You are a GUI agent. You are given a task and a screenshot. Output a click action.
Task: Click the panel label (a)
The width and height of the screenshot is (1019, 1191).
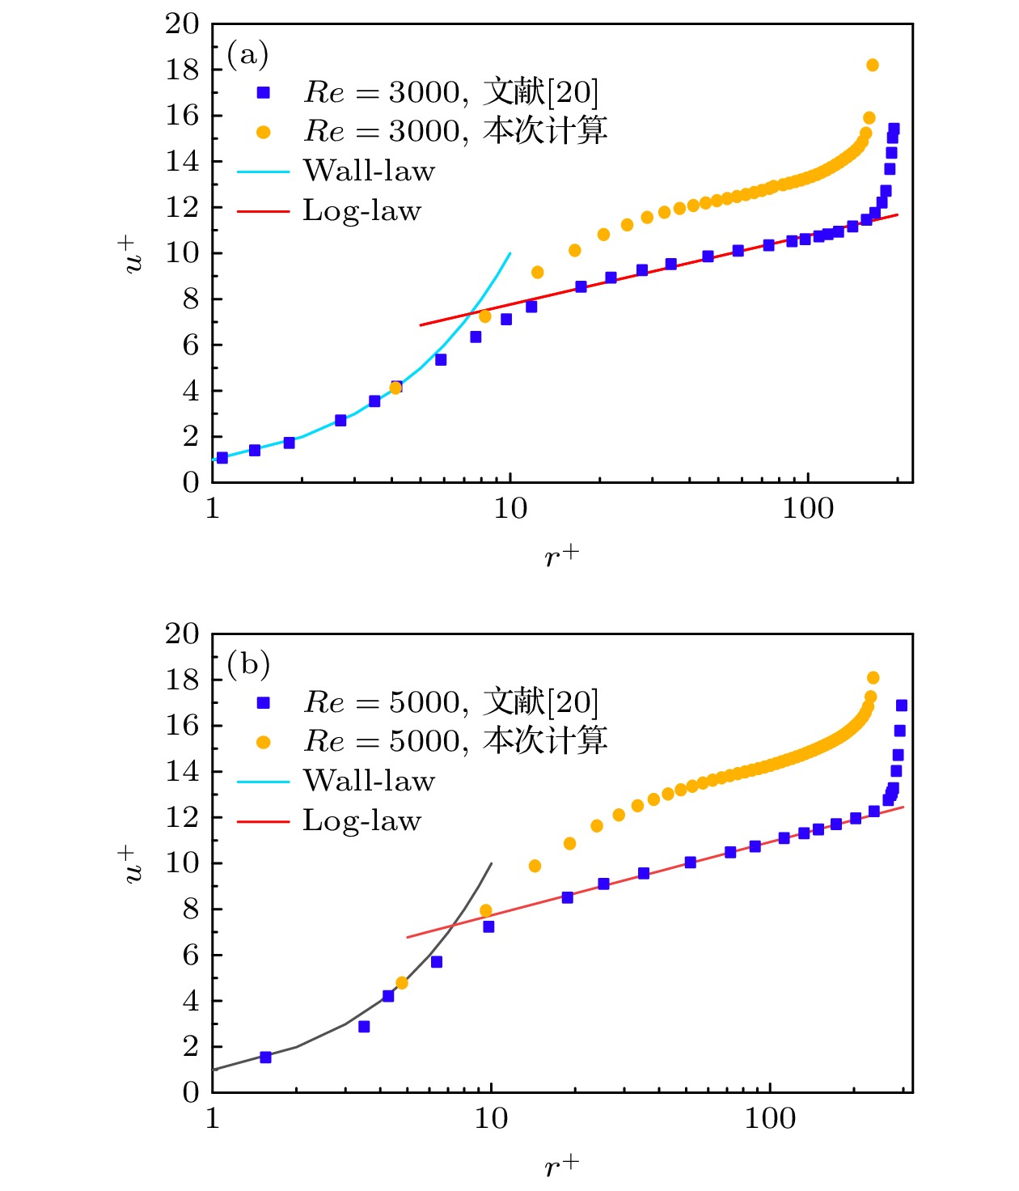click(247, 55)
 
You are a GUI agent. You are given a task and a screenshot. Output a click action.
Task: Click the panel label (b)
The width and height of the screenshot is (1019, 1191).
click(247, 664)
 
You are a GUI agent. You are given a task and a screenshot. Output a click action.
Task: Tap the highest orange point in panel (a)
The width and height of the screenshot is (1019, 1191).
click(872, 66)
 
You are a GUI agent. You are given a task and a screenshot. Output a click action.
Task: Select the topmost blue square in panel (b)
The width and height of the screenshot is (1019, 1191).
click(901, 706)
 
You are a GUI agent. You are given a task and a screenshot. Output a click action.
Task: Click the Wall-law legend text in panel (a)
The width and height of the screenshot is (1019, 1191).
click(369, 171)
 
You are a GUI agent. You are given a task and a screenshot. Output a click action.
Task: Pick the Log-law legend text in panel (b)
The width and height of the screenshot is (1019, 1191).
click(362, 820)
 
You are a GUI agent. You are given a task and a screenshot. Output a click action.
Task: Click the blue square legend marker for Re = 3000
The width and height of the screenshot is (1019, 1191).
click(264, 92)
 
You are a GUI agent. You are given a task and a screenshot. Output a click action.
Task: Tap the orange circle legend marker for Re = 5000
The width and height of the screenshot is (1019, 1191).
click(264, 742)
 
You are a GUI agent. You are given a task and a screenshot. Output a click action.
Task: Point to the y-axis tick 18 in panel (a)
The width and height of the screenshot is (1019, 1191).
click(182, 70)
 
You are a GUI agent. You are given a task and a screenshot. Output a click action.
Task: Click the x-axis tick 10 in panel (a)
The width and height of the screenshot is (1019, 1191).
click(509, 509)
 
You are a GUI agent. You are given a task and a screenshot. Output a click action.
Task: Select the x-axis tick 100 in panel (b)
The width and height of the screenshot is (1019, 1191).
click(769, 1119)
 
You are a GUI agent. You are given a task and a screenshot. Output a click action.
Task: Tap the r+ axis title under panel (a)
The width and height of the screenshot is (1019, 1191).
click(561, 556)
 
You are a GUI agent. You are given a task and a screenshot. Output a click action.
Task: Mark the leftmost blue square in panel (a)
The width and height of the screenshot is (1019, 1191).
click(222, 458)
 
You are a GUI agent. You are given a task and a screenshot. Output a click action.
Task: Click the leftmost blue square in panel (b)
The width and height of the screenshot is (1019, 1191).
click(265, 1057)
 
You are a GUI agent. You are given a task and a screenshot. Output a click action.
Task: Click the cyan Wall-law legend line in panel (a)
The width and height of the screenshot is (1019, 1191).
click(263, 172)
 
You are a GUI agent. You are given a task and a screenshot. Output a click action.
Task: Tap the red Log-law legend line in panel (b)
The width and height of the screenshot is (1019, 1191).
click(263, 821)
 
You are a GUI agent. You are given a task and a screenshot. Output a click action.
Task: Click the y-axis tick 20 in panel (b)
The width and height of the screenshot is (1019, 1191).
click(182, 634)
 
